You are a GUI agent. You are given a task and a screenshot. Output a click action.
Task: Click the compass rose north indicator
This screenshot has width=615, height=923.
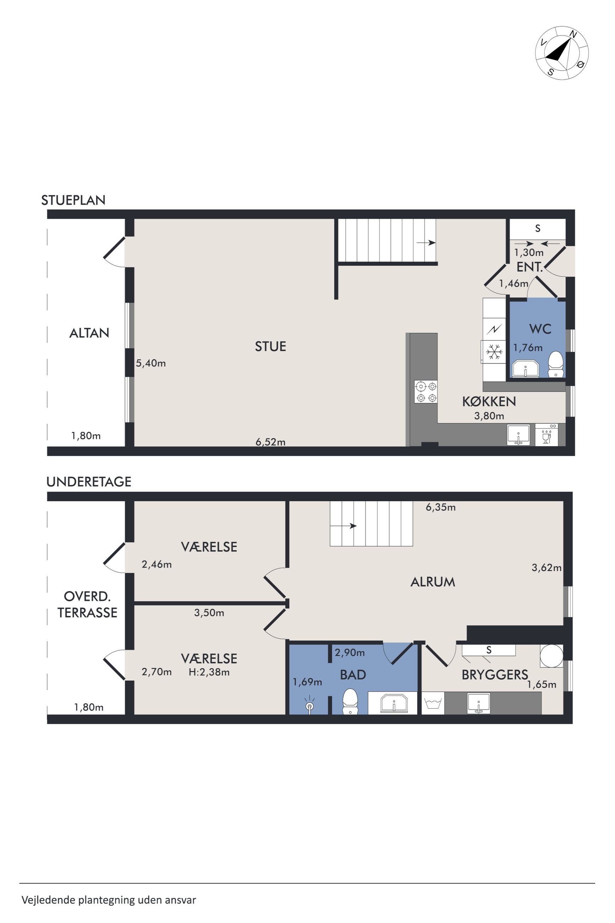point(573,34)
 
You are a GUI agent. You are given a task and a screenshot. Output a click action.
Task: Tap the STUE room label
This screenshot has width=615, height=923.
point(270,346)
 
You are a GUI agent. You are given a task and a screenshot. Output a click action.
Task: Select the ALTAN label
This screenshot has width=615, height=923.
point(89,333)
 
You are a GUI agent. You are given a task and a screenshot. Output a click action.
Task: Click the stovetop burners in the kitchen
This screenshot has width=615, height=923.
point(426,392)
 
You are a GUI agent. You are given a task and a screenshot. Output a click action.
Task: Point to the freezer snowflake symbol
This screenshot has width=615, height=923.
point(494,352)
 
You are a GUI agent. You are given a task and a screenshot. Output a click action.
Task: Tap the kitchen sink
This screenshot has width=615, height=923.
point(518,435)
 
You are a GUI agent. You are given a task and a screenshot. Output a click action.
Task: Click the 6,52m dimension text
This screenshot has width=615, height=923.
point(271,442)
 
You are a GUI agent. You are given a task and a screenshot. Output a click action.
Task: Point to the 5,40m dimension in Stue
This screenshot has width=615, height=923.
point(151,363)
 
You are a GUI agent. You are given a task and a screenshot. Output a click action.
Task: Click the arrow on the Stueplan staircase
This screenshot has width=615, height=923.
point(426,243)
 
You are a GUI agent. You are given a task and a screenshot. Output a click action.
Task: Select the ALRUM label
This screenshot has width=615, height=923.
point(433,582)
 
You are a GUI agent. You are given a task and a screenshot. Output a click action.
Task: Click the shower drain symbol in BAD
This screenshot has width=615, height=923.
point(310,706)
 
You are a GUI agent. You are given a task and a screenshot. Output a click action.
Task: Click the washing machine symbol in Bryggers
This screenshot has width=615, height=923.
point(433,703)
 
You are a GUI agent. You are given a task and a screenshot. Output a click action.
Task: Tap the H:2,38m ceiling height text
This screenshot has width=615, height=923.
point(209,672)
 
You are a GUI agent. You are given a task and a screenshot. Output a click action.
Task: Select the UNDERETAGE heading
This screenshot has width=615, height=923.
point(89,482)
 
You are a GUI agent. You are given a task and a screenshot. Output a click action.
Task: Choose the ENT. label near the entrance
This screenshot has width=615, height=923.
point(529,267)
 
